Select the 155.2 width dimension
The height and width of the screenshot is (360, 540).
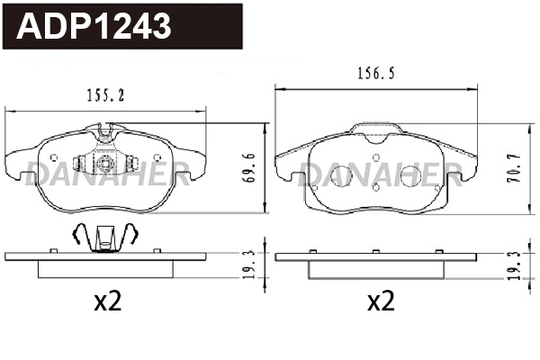(x=106, y=92)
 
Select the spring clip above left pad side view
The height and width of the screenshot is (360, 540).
(x=106, y=237)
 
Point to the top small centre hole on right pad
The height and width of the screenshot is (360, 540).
(x=376, y=163)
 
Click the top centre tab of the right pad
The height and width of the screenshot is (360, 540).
(x=376, y=131)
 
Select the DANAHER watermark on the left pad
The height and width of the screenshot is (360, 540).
(x=106, y=172)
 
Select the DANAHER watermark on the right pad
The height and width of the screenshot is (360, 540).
(x=376, y=172)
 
